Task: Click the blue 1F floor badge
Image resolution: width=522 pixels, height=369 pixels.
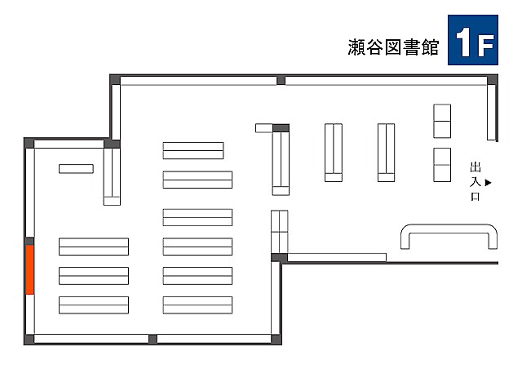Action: point(473,38)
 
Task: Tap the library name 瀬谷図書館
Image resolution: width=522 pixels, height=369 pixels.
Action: point(393,47)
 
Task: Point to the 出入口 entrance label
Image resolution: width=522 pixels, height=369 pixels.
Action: point(476,182)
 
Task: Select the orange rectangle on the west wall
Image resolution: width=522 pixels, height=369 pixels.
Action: point(30,269)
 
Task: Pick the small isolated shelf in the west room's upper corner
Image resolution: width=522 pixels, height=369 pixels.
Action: point(76,169)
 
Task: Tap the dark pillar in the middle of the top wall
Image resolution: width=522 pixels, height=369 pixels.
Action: point(281,80)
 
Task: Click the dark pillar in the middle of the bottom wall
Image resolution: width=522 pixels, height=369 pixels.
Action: point(153,338)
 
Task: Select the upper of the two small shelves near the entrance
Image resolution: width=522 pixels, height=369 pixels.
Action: point(442,121)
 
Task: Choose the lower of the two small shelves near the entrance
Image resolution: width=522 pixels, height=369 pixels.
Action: point(442,165)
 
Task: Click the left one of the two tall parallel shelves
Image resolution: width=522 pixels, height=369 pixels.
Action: point(333,152)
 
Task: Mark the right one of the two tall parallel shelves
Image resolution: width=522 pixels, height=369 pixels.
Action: point(386,152)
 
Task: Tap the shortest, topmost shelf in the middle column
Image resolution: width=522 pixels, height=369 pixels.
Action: point(193,151)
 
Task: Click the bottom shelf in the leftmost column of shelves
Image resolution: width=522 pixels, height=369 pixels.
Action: point(94,305)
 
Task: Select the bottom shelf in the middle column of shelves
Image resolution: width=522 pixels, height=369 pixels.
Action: point(197,305)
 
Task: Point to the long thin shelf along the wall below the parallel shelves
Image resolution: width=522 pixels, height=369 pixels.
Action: point(336,258)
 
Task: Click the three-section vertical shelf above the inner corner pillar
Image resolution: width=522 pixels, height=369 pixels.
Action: point(280,232)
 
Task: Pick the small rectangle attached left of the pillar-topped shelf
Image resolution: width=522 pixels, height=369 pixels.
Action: point(263,128)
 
